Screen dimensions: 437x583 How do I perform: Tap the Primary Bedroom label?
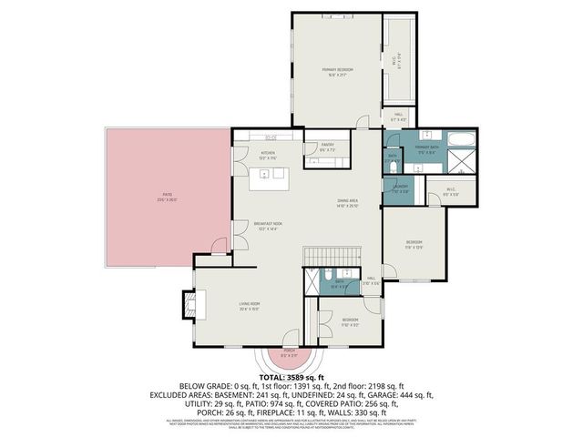[336, 71]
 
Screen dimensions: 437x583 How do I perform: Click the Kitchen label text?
[268, 154]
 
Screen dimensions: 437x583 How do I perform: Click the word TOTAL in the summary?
[273, 375]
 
